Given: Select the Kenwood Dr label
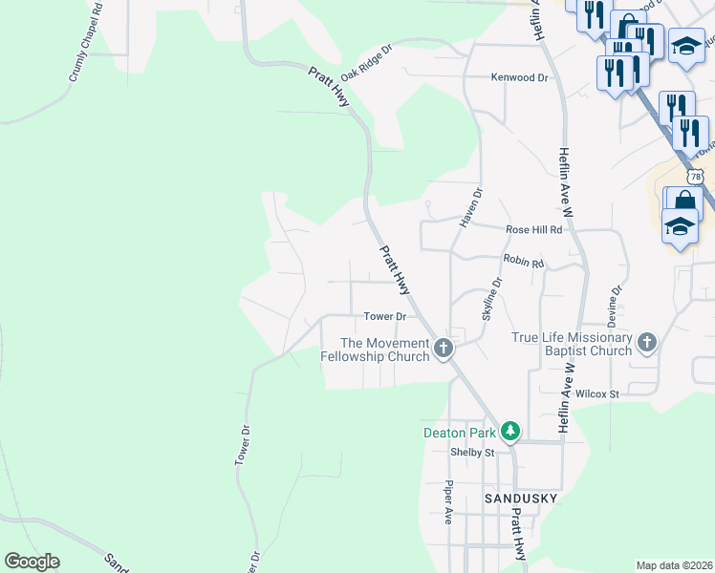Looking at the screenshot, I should tap(520, 77).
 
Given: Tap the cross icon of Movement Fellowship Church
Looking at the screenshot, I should tap(443, 349).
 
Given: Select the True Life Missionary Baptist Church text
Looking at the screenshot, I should tap(572, 344).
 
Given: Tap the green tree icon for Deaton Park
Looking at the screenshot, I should tap(511, 432).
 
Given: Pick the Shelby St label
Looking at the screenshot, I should tap(471, 453).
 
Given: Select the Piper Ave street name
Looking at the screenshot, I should tap(447, 502).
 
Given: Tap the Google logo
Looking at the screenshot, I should tap(32, 562).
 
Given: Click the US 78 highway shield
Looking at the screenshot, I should tap(695, 177).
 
